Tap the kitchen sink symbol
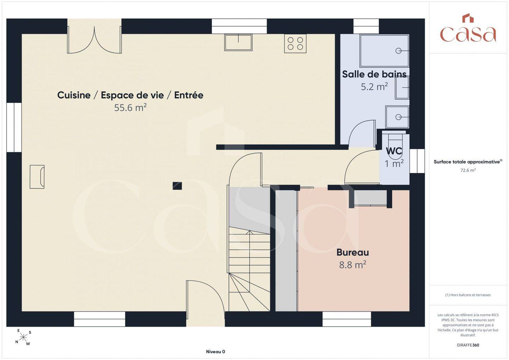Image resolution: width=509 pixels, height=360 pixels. [x=238, y=42]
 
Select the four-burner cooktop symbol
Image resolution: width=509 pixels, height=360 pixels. [x=295, y=43]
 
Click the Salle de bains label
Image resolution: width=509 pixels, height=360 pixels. [x=374, y=74]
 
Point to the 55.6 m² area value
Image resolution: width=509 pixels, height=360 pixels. [x=130, y=107]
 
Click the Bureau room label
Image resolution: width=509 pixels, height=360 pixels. [x=353, y=252]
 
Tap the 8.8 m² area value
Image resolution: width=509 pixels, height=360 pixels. [x=353, y=265]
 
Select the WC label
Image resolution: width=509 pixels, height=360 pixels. [x=394, y=151]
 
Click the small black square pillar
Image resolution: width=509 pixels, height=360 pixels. [x=177, y=186]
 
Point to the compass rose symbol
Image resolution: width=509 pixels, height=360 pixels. [x=23, y=337]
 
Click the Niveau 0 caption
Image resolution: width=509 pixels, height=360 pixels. [x=215, y=352]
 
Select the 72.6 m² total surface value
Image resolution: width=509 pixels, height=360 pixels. [x=468, y=170]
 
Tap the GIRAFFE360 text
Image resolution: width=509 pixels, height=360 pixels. [x=468, y=345]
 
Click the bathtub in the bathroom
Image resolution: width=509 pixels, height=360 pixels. [x=384, y=51]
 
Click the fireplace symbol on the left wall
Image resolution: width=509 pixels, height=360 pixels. [x=37, y=177]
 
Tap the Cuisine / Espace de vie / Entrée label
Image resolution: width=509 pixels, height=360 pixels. [x=130, y=95]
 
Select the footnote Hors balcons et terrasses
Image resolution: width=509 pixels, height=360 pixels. [x=468, y=295]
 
